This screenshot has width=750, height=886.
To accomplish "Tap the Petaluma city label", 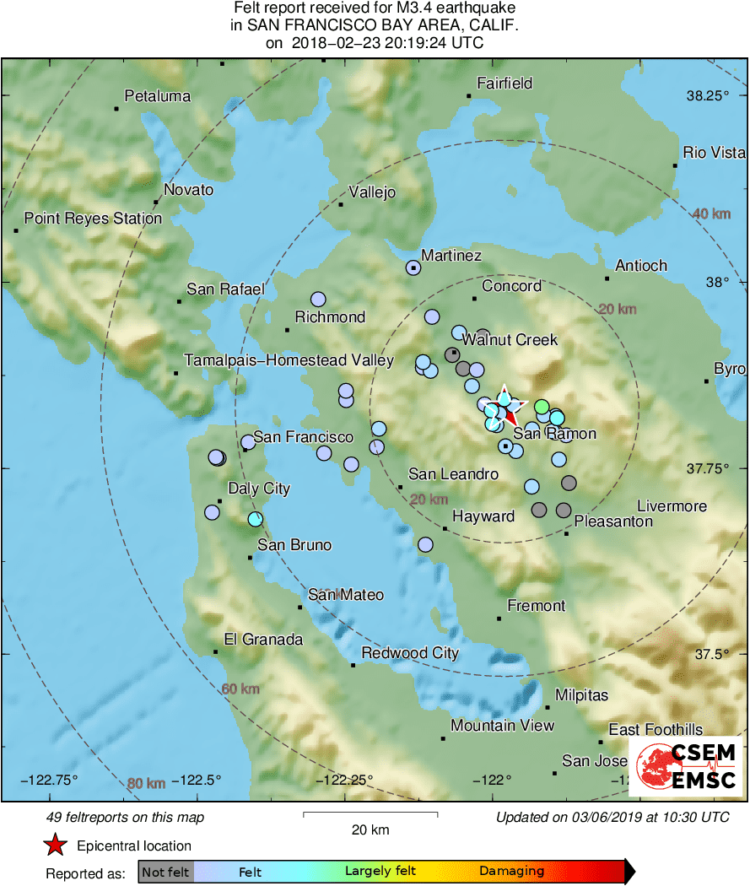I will coord(157,96).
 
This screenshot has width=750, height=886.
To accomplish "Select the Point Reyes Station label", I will coord(93,219).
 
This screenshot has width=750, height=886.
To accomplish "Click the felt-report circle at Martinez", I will coord(413,267).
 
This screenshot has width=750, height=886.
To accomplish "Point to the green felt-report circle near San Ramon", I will coord(542,407).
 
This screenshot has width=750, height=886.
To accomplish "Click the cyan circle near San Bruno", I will coord(256,519).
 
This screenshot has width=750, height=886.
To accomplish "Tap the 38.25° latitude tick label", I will coord(707,96).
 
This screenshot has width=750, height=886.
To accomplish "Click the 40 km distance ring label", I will coord(710,213).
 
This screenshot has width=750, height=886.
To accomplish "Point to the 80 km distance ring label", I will coord(146,784).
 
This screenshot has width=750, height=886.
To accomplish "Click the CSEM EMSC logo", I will coord(685,766).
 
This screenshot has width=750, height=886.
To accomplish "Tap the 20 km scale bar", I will coord(370,814).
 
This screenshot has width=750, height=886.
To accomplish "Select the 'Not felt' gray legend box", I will coord(165,871).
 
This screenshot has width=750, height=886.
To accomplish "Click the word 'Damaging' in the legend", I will coord(511,871).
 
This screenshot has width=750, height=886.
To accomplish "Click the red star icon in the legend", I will coord(55,845).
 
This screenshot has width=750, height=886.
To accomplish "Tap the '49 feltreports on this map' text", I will coord(125,817).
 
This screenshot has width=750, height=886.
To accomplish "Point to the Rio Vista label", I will coord(714,153).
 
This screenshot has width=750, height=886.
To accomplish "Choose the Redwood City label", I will coord(410,653).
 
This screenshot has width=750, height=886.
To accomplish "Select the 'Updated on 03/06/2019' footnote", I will coord(612,817).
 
